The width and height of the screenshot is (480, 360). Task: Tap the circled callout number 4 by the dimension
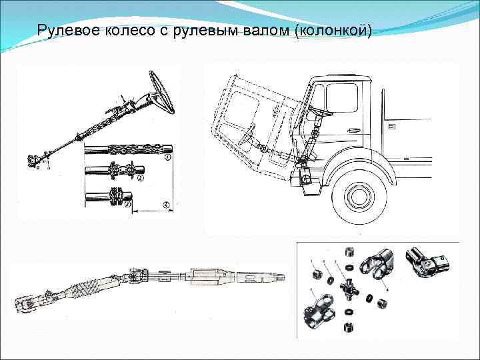click(x=165, y=204)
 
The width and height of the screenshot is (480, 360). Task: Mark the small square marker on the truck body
click(x=392, y=125)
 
